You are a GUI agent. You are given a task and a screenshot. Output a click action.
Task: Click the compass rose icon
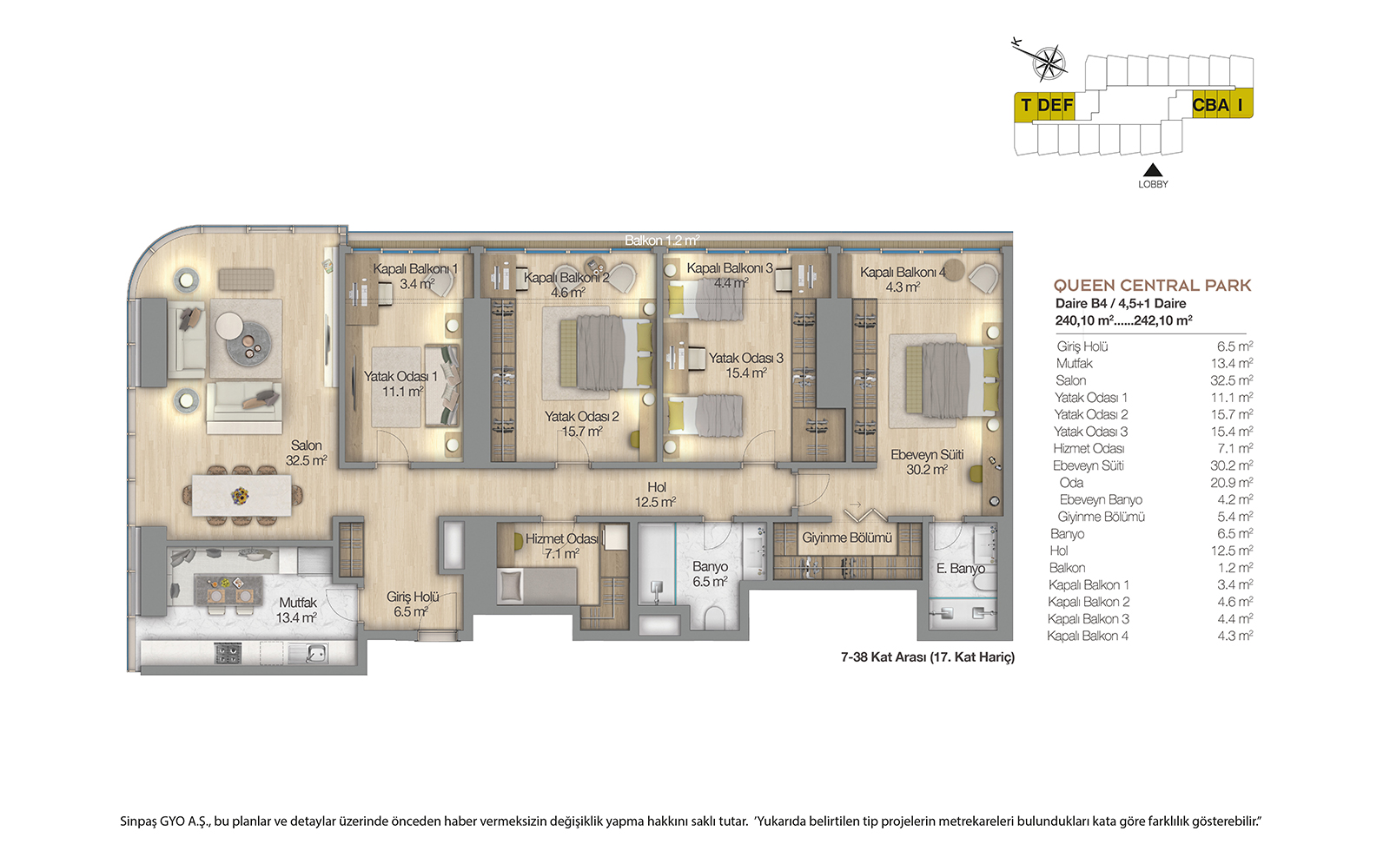(x=1048, y=63)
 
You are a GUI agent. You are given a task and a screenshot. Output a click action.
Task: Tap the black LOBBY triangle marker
(x=1152, y=170)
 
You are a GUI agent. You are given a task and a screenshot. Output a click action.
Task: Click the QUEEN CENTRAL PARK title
(x=1152, y=286)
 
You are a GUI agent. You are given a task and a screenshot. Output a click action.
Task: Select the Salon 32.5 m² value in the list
(x=1231, y=380)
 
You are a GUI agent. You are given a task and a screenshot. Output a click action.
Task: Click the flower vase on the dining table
(x=240, y=496)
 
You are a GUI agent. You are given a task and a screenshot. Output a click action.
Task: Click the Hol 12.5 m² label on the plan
(x=656, y=495)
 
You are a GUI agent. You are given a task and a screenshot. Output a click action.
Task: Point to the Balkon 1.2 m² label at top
(x=662, y=241)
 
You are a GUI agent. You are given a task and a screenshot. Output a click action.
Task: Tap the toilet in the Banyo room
(x=715, y=617)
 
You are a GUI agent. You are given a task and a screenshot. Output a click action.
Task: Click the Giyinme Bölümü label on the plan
(x=846, y=538)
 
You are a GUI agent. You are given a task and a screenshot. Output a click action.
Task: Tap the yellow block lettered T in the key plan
(x=1026, y=105)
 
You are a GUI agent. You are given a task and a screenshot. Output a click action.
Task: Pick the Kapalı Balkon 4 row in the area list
(x=1150, y=636)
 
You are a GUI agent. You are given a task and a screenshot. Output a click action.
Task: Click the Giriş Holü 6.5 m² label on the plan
(x=412, y=604)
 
